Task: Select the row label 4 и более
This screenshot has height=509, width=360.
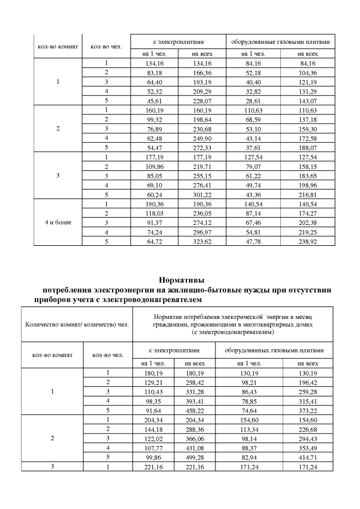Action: [58, 222]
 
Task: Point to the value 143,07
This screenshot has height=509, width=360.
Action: [308, 101]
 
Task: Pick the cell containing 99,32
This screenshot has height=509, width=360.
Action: [154, 120]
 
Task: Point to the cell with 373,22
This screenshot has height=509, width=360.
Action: [308, 411]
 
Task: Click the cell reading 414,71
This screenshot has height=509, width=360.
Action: [308, 458]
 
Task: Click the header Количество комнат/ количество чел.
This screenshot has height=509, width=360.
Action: [77, 324]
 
